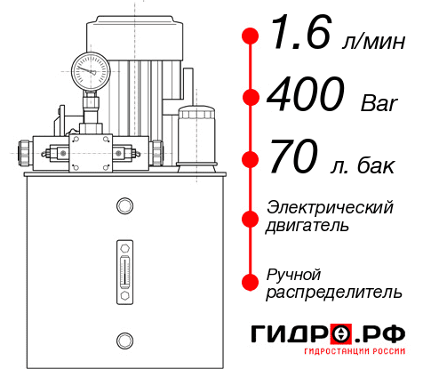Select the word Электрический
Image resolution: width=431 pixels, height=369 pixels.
coord(330,207)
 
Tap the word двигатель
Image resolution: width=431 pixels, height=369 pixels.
coord(307,226)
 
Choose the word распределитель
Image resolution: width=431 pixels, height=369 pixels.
coord(334,292)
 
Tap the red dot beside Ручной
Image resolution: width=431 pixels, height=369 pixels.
coord(251,281)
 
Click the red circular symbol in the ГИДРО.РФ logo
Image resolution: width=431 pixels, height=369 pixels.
coord(340,334)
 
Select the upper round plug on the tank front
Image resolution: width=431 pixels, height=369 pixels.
coord(124,207)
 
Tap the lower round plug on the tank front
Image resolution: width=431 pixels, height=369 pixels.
coord(124,339)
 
